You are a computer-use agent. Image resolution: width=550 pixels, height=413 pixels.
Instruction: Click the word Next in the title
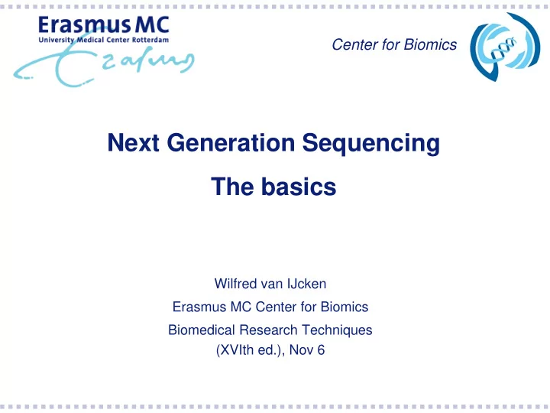[133, 142]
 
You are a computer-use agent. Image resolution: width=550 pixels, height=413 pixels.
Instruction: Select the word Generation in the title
[231, 142]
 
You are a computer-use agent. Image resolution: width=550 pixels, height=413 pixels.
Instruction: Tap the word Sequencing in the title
[370, 144]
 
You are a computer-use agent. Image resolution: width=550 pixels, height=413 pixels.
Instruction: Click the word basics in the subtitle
[299, 187]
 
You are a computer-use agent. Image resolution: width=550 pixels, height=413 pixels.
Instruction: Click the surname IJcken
[306, 284]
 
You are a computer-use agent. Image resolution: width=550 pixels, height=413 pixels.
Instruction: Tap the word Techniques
[337, 330]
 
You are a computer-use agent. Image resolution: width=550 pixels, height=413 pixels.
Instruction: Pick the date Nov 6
[307, 350]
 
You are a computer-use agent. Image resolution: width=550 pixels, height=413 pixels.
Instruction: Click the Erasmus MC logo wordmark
[104, 25]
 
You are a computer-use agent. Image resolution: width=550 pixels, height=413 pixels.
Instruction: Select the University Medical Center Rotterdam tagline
[104, 40]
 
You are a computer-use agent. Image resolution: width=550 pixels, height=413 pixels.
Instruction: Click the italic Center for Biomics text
[394, 44]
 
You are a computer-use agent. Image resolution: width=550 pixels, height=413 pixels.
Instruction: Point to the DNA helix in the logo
[503, 47]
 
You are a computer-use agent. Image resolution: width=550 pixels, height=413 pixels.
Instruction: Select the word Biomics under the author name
[345, 307]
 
